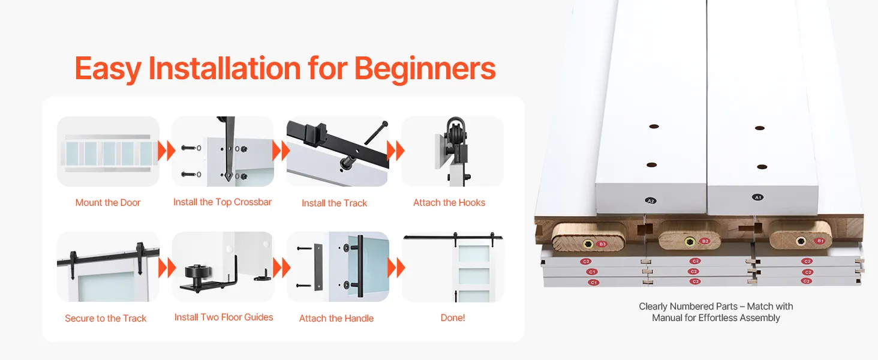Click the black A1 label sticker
pos(757,197)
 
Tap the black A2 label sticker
pos(651,201)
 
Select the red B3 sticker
pos(602,244)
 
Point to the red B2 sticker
pos(705,241)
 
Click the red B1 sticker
pos(820,241)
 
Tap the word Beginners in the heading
pos(425,70)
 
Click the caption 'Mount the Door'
pos(108,202)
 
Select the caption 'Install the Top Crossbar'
pos(222,202)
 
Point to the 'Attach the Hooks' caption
pos(449,202)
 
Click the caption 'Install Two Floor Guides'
pos(224,317)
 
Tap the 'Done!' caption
pos(453,317)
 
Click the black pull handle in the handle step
pos(360,266)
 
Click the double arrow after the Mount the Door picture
pos(166,151)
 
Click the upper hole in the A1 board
pos(760,128)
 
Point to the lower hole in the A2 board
pos(651,165)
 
